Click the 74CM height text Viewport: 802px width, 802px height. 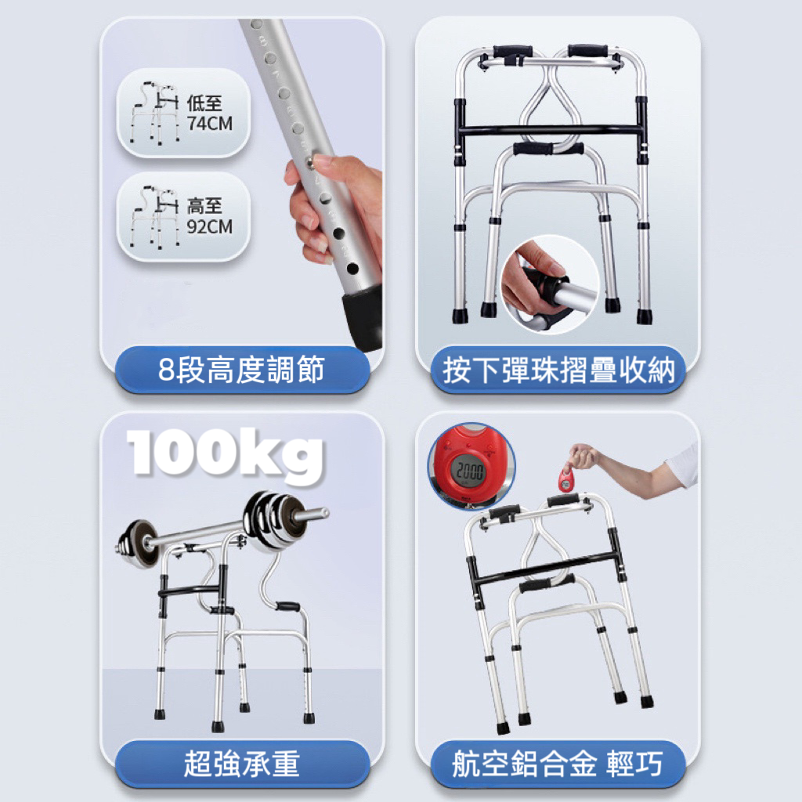[210, 123]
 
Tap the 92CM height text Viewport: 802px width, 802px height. [210, 226]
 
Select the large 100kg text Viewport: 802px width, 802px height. [225, 454]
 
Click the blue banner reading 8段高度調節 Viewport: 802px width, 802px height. [242, 370]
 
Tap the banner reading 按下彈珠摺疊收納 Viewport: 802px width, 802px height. [558, 370]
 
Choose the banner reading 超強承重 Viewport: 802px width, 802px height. [242, 764]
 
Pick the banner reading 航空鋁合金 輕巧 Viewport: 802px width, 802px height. [558, 764]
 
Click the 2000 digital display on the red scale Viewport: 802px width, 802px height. [470, 470]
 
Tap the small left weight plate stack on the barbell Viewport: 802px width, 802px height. [136, 544]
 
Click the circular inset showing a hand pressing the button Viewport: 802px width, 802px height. [551, 284]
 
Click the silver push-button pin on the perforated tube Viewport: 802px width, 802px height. [310, 163]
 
